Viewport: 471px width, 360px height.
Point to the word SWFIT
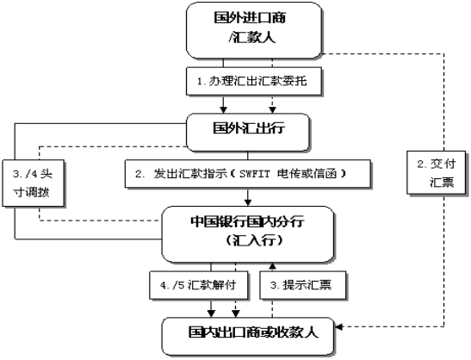[x=255, y=174]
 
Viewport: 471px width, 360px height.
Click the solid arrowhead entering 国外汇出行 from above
[x=225, y=109]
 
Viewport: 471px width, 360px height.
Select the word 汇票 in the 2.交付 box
[x=442, y=184]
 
